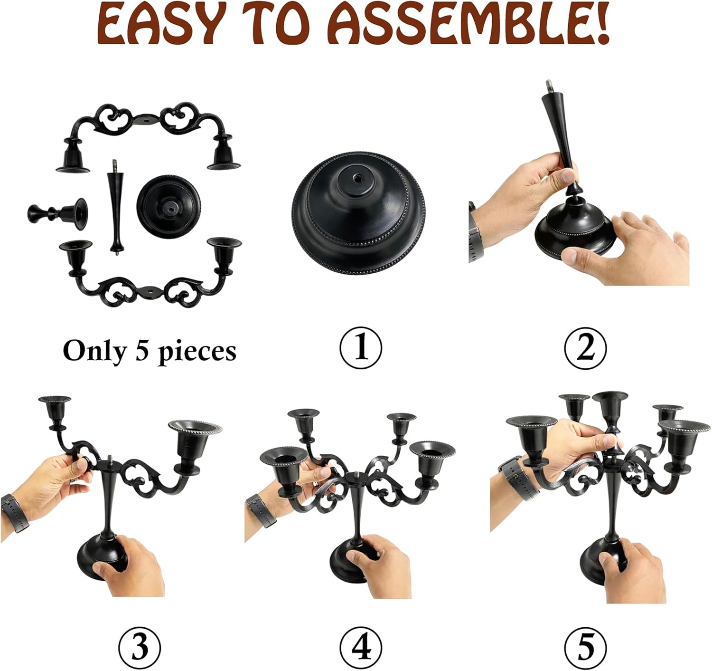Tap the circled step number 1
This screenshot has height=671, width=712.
(360, 347)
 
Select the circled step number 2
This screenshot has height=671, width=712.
(585, 347)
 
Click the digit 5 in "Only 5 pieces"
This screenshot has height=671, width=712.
(142, 350)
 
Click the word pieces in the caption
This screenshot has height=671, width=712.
(197, 352)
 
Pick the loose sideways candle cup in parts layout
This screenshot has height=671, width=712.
(57, 214)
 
